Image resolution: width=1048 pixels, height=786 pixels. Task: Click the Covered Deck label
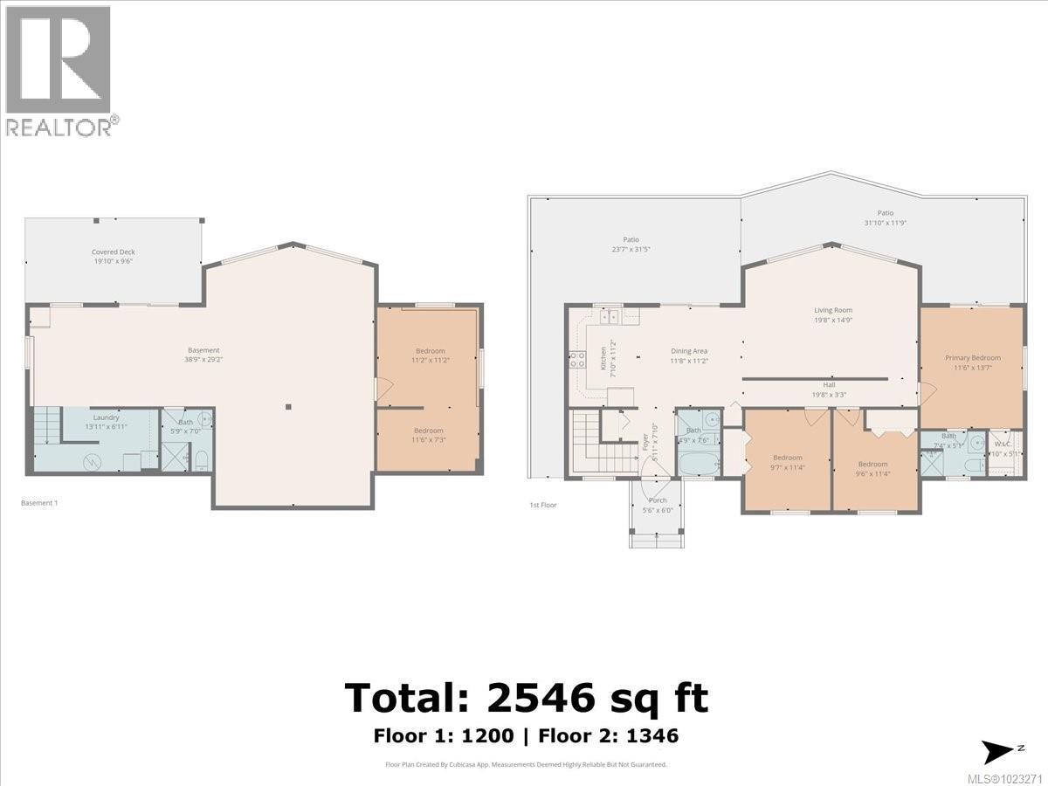(x=113, y=252)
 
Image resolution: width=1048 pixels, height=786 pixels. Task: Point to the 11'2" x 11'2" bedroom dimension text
(x=429, y=359)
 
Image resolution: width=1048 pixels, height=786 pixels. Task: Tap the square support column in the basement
(x=289, y=406)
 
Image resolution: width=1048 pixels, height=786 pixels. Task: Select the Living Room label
(x=832, y=310)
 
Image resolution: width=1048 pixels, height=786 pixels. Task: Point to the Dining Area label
(x=688, y=351)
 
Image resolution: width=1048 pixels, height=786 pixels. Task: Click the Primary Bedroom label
(x=972, y=357)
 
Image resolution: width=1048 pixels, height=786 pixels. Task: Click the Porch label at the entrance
(x=657, y=500)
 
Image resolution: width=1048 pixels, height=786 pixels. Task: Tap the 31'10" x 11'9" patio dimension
(x=885, y=223)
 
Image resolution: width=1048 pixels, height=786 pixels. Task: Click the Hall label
(x=829, y=384)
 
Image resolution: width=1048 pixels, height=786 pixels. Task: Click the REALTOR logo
(x=59, y=71)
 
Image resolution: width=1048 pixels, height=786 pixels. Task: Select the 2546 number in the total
(x=541, y=698)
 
